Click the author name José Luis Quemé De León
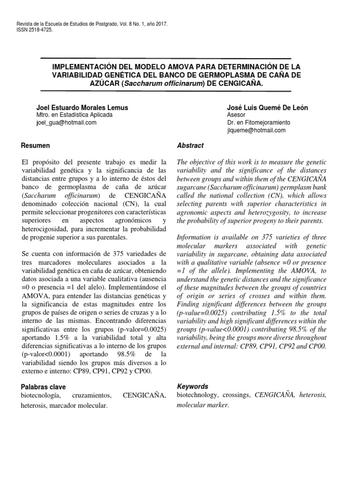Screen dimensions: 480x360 point(267,107)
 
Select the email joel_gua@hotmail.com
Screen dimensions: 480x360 point(66,122)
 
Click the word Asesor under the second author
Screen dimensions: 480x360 point(236,115)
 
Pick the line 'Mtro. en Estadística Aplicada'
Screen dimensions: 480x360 point(74,115)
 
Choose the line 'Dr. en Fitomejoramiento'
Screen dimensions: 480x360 point(258,123)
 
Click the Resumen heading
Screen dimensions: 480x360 point(36,146)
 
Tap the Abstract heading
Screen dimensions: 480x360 point(190,146)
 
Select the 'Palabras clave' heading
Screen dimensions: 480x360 point(44,387)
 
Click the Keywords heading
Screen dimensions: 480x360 point(193,387)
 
